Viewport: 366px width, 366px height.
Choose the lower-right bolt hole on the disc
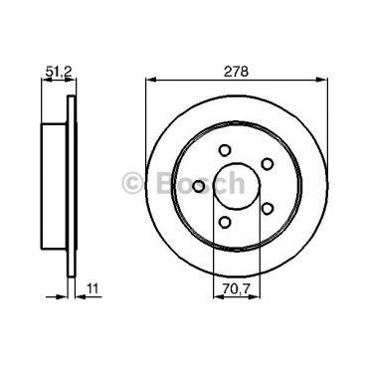click(x=267, y=207)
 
